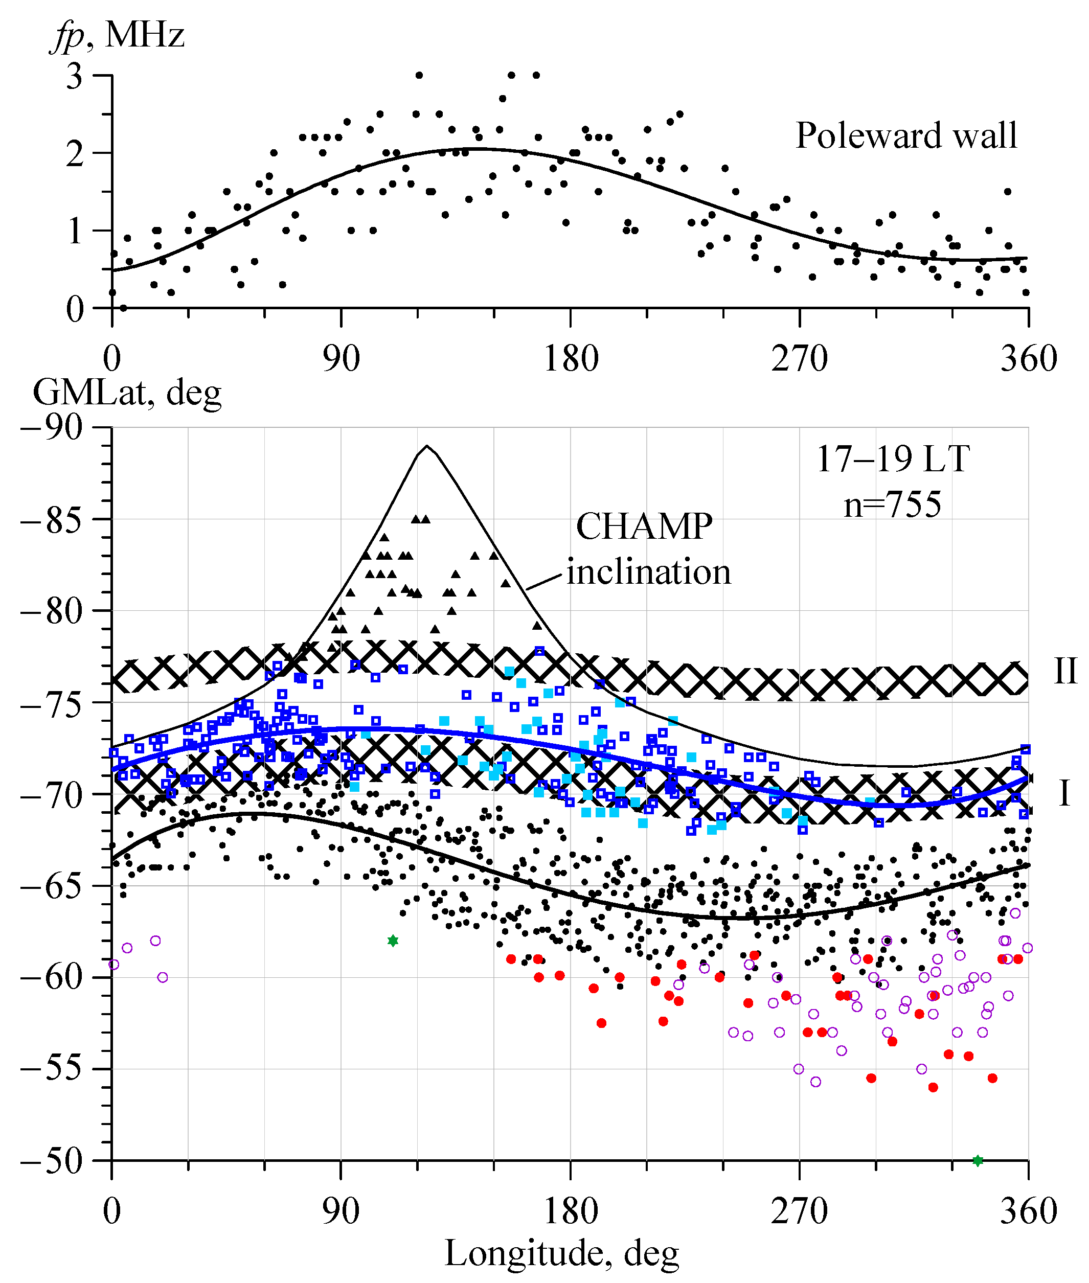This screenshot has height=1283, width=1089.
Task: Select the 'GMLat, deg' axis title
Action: click(127, 392)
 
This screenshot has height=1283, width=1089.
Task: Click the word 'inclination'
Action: click(648, 571)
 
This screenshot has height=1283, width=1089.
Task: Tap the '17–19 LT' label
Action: click(892, 459)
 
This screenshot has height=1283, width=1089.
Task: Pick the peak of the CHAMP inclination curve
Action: click(426, 446)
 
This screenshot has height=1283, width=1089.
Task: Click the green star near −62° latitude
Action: click(393, 941)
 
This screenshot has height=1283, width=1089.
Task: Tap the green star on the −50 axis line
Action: click(977, 1161)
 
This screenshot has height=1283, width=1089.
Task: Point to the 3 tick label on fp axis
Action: click(74, 77)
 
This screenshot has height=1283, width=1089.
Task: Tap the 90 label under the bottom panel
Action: click(341, 1211)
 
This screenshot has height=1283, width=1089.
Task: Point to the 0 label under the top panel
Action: click(112, 358)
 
